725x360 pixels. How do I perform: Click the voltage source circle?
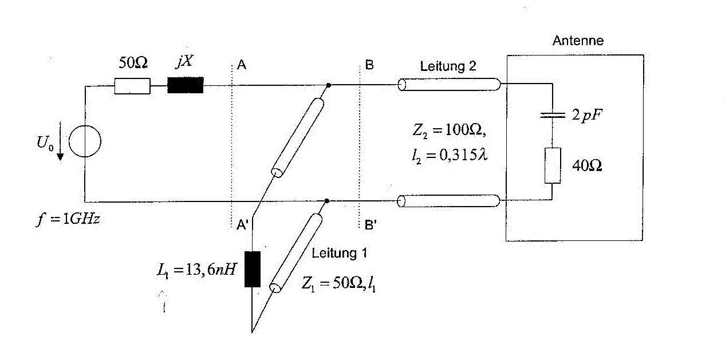click(x=85, y=125)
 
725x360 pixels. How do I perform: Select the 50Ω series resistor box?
click(x=132, y=86)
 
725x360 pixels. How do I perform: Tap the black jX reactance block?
click(x=186, y=85)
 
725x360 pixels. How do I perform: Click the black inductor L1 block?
click(x=253, y=269)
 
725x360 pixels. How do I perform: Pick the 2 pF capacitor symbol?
click(x=553, y=115)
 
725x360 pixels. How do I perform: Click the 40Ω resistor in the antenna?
click(x=553, y=165)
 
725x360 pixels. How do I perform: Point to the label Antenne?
click(x=578, y=41)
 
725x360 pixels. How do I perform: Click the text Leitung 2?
click(x=448, y=66)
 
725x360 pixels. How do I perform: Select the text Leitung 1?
click(x=340, y=253)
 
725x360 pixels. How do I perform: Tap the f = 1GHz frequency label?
click(x=68, y=219)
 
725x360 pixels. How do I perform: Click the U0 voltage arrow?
click(x=60, y=141)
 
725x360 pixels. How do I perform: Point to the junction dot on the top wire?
click(x=329, y=85)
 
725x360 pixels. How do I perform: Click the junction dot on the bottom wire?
click(x=327, y=201)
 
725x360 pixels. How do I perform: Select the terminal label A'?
click(x=242, y=224)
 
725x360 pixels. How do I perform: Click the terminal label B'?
click(x=371, y=224)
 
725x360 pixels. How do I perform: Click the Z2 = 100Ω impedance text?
click(x=449, y=130)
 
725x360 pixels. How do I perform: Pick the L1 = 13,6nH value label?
click(x=197, y=270)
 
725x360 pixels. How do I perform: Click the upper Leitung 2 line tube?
click(x=449, y=85)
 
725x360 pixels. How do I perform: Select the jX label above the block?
click(x=184, y=61)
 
